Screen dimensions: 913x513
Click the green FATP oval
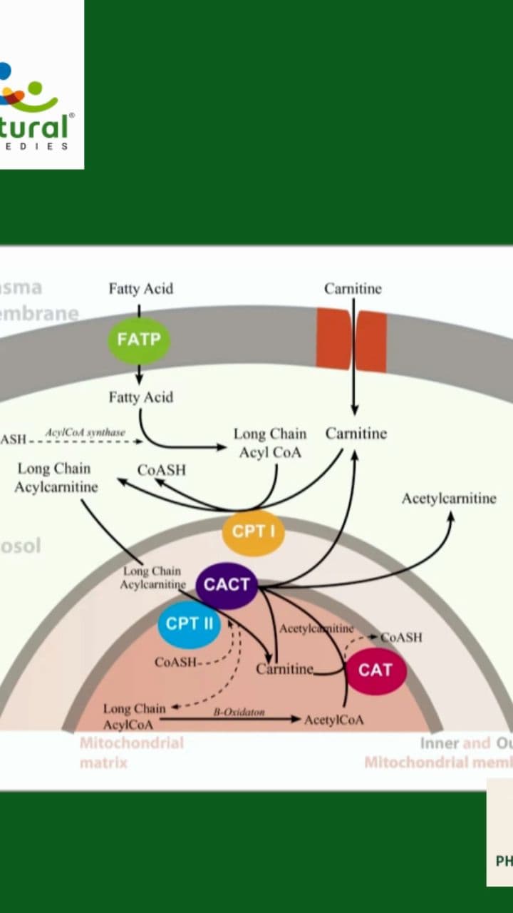(x=139, y=340)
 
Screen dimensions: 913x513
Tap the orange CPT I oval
(x=253, y=532)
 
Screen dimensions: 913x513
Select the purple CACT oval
(x=227, y=585)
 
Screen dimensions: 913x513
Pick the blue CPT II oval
(x=189, y=623)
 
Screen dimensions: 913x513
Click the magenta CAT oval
(x=375, y=670)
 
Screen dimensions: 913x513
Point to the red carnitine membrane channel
(x=352, y=340)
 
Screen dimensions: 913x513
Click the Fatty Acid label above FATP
(x=140, y=289)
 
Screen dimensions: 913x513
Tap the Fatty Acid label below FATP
(x=140, y=397)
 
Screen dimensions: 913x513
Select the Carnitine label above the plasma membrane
(x=353, y=289)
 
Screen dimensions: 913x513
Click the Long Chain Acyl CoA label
(x=269, y=443)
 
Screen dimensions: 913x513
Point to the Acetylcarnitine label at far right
(x=448, y=499)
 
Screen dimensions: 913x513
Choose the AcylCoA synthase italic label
(x=85, y=433)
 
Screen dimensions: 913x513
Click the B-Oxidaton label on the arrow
(x=239, y=712)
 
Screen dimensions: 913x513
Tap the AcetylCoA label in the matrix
(x=333, y=720)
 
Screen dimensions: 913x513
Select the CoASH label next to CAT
(x=401, y=637)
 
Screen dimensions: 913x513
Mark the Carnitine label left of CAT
(x=284, y=669)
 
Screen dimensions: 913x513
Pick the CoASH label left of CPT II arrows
(x=175, y=663)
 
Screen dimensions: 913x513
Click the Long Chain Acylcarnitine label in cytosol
(x=56, y=478)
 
